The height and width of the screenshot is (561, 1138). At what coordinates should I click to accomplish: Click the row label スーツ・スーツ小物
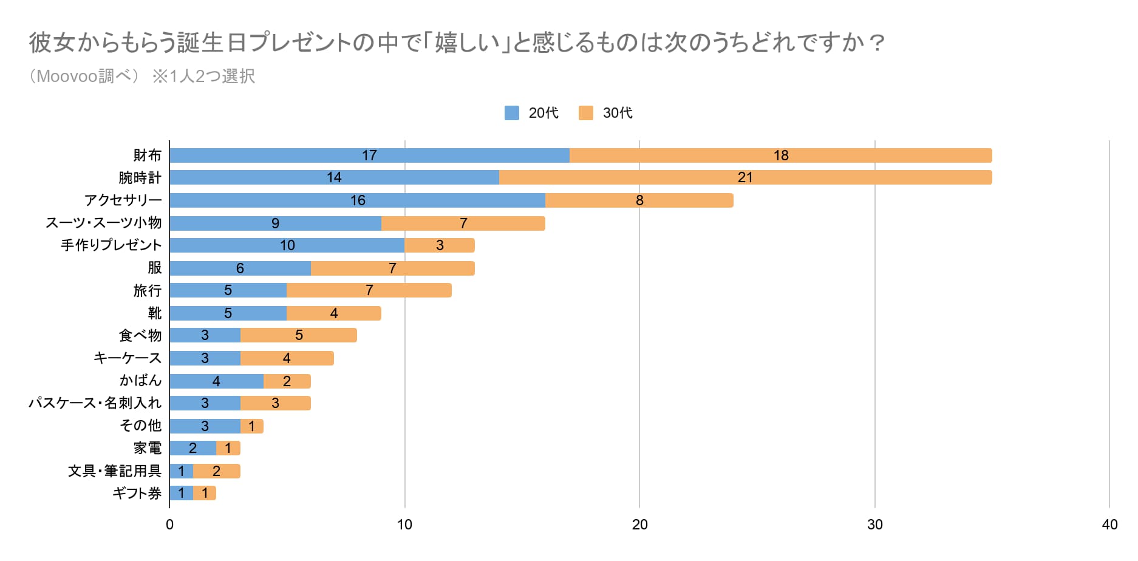(104, 223)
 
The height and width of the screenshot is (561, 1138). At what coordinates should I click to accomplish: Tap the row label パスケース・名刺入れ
(95, 403)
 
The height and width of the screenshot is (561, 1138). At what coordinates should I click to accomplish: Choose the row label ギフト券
(137, 493)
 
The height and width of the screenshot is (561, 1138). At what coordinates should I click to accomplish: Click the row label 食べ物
(140, 335)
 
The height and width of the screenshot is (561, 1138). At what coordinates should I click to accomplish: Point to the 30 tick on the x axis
(874, 525)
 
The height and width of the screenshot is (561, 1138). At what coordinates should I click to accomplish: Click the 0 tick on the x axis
(169, 525)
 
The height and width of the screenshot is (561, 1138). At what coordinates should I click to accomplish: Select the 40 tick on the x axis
(1109, 525)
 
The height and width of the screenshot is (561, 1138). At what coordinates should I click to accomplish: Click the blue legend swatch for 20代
(512, 113)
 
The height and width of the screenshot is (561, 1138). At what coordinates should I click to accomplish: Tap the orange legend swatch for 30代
(586, 113)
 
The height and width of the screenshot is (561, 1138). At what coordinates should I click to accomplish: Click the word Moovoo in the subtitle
(67, 76)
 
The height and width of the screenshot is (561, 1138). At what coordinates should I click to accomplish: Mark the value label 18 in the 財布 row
(781, 155)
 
